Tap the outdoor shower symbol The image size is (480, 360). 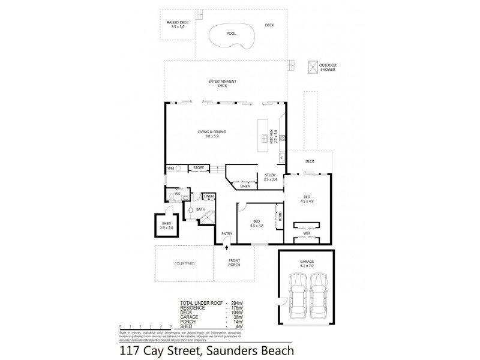coord(313,65)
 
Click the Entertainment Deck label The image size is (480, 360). coord(221,83)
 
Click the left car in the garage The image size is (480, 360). coord(298,296)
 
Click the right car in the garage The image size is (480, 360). coord(319,296)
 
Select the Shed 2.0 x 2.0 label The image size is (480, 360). coord(166,226)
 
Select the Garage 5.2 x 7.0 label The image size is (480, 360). coord(307,262)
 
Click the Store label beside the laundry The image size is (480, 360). coord(199,168)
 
